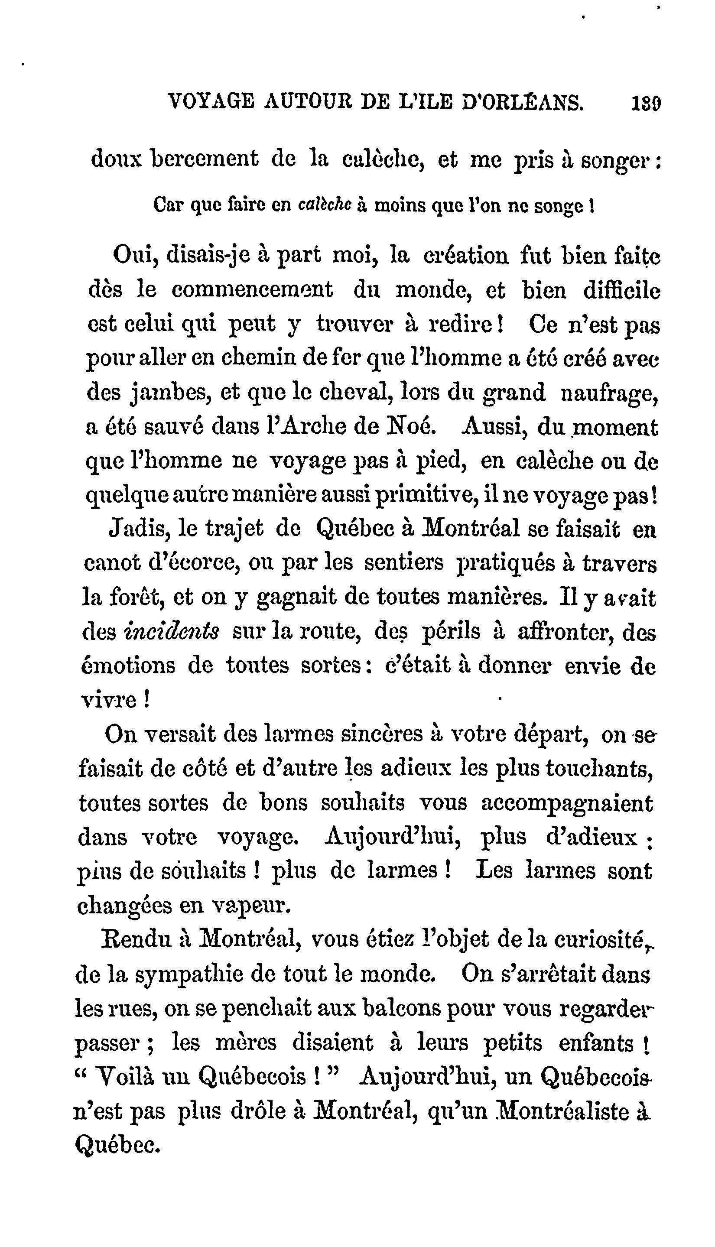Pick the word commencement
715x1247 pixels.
coord(252,290)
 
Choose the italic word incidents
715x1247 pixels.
coord(173,632)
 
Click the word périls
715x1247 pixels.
coord(451,632)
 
